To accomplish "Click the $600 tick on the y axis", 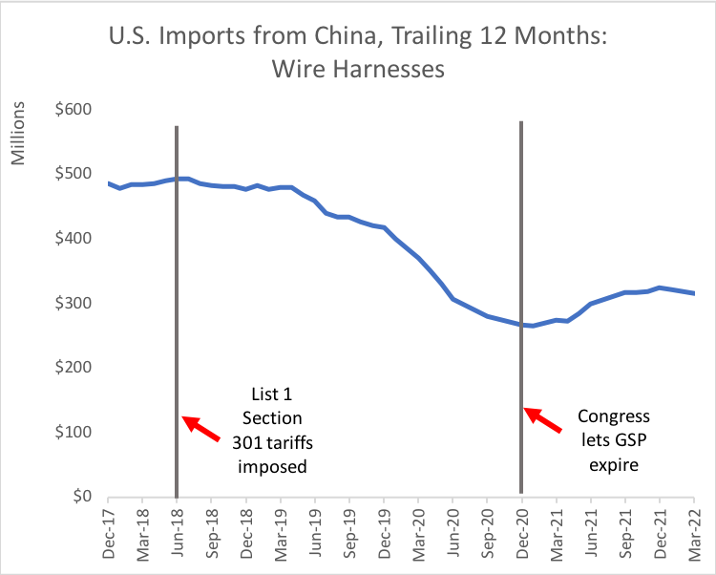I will (72, 109).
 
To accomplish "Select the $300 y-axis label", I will (72, 303).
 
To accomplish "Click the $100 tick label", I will (72, 432).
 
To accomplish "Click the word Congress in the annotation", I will (614, 416).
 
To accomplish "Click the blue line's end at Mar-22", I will (693, 293).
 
